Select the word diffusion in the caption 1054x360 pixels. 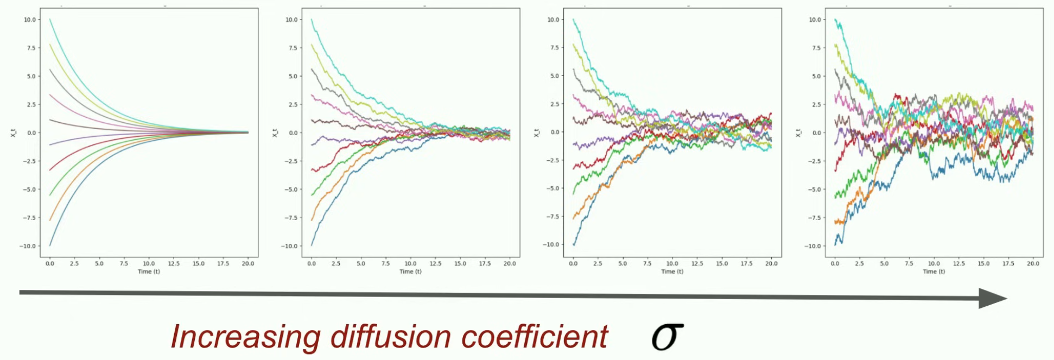coord(390,337)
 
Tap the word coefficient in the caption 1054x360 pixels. coord(535,337)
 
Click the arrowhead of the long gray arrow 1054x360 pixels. coord(993,298)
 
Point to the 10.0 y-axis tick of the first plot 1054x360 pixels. coord(29,20)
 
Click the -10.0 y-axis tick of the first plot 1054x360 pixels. coord(28,246)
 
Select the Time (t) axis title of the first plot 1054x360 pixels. coord(149,271)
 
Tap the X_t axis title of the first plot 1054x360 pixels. coord(13,132)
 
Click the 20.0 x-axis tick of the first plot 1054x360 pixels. coord(248,264)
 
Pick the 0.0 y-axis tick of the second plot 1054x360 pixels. coord(293,132)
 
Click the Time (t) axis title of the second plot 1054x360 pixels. coord(410,271)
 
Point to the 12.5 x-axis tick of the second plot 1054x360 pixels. coord(435,264)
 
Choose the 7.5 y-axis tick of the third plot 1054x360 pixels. coord(554,48)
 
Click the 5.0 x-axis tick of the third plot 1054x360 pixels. coord(623,264)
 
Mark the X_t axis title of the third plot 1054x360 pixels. coord(536,132)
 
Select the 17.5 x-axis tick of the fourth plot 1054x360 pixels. coord(1008,264)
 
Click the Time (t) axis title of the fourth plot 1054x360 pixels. coord(934,271)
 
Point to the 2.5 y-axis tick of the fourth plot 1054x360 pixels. coord(816,104)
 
